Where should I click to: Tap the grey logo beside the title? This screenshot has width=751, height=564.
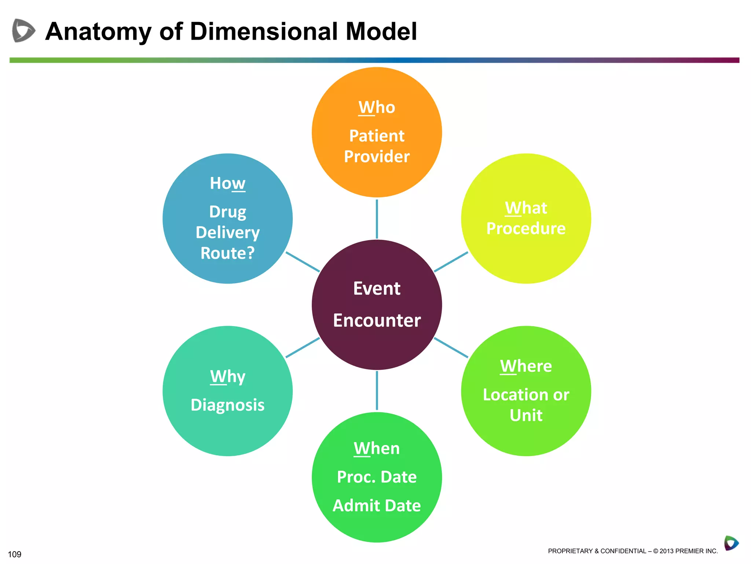pos(23,30)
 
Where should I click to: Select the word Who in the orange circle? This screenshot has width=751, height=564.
pos(377,108)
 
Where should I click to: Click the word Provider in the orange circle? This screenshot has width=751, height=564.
pos(377,157)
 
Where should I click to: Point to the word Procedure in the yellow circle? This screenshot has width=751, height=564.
pos(526,229)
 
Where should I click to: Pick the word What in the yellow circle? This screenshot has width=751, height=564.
pos(526,208)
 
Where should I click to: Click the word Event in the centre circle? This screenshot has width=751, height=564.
pos(377,289)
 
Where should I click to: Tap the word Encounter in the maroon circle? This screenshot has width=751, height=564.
pos(377,321)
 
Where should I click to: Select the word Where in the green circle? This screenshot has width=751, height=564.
pos(526,366)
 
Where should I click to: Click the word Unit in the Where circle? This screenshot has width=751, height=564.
pos(526,416)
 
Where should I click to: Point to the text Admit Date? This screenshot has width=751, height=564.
pos(377,506)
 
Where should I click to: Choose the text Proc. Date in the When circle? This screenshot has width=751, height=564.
pos(377,477)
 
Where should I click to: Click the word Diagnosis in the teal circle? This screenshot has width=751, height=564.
pos(227,405)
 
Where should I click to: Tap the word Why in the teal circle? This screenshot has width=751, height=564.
pos(227,377)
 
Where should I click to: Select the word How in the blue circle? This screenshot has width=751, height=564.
pos(227,184)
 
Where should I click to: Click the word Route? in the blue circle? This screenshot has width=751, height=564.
pos(227,253)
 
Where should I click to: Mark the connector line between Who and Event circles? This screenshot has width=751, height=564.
pos(377,219)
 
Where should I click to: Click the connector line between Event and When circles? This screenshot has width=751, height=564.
pos(377,390)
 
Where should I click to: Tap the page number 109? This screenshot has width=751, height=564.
pos(15,554)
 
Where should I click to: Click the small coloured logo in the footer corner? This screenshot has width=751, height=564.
pos(731,543)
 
